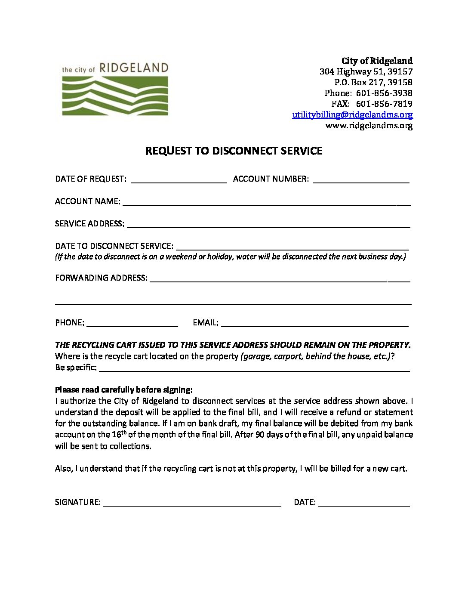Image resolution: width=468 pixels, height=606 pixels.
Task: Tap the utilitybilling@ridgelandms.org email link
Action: click(352, 115)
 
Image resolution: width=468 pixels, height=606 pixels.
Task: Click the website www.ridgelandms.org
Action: click(369, 126)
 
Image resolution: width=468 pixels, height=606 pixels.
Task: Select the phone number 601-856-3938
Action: click(384, 93)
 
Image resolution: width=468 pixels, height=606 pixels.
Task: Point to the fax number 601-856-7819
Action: click(384, 104)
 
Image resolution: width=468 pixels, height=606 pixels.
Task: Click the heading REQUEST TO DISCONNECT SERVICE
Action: click(234, 151)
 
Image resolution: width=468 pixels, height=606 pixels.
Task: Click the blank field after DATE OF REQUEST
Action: click(179, 180)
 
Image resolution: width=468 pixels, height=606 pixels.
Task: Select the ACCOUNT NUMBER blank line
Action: click(361, 180)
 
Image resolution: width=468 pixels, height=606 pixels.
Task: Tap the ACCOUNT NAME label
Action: click(87, 201)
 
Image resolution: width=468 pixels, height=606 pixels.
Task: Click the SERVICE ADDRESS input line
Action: click(268, 224)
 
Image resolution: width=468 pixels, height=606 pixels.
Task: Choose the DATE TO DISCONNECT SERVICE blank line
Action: click(292, 247)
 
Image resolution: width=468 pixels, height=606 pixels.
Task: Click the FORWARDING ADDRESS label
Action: click(101, 278)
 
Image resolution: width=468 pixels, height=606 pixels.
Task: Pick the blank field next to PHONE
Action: click(132, 323)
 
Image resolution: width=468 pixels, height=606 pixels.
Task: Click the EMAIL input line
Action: click(314, 323)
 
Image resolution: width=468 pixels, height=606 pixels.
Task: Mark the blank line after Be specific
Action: click(254, 368)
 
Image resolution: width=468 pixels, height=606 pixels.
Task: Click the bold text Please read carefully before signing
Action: click(124, 390)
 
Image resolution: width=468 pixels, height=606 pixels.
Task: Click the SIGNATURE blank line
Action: click(192, 503)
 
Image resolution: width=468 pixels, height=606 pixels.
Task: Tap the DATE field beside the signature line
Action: click(364, 503)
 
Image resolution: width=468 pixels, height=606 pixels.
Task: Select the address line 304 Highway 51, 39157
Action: click(366, 72)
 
